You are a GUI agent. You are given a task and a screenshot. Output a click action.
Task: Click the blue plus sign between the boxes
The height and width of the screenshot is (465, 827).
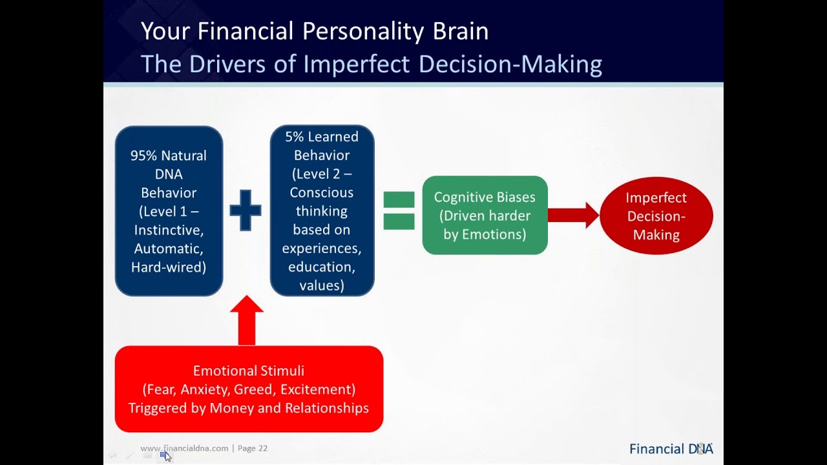click(246, 210)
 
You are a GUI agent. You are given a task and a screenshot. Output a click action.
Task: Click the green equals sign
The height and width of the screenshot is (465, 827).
click(399, 211)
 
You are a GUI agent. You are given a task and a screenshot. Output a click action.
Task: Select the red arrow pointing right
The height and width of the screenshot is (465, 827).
click(574, 215)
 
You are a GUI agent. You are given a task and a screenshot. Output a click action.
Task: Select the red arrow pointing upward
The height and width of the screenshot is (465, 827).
click(246, 321)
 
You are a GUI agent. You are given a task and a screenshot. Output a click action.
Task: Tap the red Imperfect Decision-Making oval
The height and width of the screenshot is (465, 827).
click(656, 216)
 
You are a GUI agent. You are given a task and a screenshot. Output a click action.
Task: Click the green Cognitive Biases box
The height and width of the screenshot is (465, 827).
click(485, 215)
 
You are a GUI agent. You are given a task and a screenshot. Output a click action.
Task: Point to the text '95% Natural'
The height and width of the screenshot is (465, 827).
click(169, 156)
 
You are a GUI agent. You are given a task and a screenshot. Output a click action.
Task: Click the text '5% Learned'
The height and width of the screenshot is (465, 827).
click(322, 137)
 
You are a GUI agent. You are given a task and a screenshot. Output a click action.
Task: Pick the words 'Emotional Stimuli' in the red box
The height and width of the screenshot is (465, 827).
click(249, 371)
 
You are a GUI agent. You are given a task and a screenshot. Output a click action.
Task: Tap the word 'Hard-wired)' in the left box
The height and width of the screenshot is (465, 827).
click(169, 267)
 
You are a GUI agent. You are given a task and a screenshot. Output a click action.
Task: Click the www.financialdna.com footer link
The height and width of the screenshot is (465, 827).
click(184, 448)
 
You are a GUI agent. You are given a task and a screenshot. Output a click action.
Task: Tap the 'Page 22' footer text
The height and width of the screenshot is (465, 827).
click(253, 448)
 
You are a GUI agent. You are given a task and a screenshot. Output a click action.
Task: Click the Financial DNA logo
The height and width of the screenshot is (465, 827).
click(671, 449)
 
